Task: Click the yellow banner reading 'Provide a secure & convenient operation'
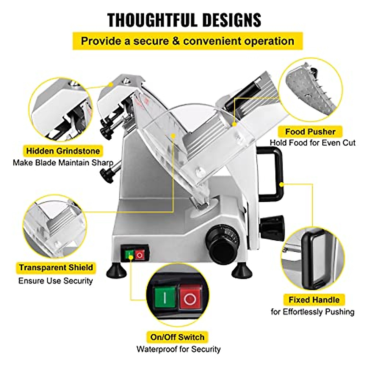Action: point(187,41)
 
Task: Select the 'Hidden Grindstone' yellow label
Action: point(63,151)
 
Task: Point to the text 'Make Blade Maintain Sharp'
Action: point(63,162)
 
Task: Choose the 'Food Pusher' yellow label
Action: point(310,132)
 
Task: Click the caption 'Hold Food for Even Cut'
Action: point(312,143)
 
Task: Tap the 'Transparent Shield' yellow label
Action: point(56,268)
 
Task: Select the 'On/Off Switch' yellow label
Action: point(177,337)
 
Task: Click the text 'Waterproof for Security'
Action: point(178,349)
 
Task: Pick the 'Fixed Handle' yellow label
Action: point(314,300)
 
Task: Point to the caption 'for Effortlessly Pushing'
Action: point(312,312)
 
